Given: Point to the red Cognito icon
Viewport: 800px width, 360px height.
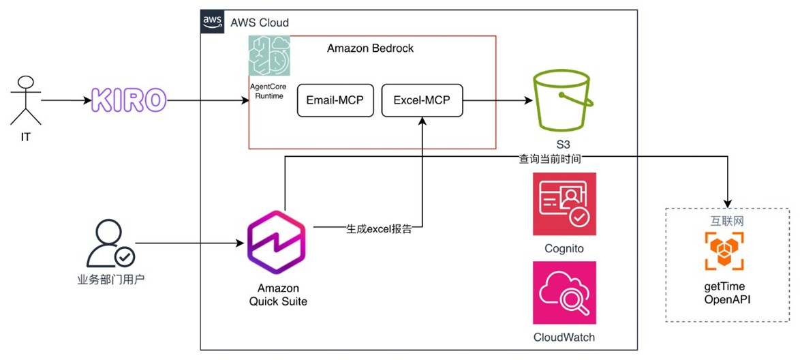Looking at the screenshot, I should pyautogui.click(x=564, y=204).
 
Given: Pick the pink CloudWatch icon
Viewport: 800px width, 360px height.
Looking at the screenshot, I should pyautogui.click(x=564, y=292).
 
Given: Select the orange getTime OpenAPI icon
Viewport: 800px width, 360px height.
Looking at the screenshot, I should pyautogui.click(x=724, y=252).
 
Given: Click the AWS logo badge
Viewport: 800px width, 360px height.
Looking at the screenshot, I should pyautogui.click(x=213, y=22).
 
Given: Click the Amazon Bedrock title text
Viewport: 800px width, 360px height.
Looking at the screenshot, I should pyautogui.click(x=370, y=49).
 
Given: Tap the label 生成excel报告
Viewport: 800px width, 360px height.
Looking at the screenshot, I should pyautogui.click(x=379, y=228).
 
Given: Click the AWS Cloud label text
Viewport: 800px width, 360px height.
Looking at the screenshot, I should pyautogui.click(x=260, y=22).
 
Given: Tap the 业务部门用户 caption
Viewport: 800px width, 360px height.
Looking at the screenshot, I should pyautogui.click(x=108, y=278).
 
